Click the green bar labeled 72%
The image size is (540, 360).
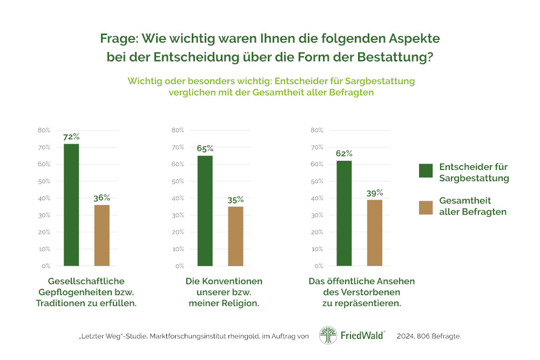(x=71, y=205)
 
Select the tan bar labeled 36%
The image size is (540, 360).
(x=102, y=235)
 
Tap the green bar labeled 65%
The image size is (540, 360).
(x=205, y=211)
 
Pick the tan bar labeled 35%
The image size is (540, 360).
(x=235, y=236)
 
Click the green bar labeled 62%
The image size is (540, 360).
(x=344, y=213)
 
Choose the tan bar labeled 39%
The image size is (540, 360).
(x=375, y=233)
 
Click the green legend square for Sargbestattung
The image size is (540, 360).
(x=426, y=171)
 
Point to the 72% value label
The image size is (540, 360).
(x=71, y=137)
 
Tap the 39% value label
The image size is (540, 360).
(x=375, y=193)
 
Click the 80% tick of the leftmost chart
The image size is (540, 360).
(x=44, y=130)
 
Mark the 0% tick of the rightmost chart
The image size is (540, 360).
(x=318, y=266)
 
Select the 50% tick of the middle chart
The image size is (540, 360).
(x=178, y=181)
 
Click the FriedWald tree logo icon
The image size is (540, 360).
(x=328, y=335)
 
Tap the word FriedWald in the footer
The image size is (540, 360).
(x=362, y=336)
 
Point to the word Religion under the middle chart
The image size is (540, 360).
(x=240, y=303)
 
